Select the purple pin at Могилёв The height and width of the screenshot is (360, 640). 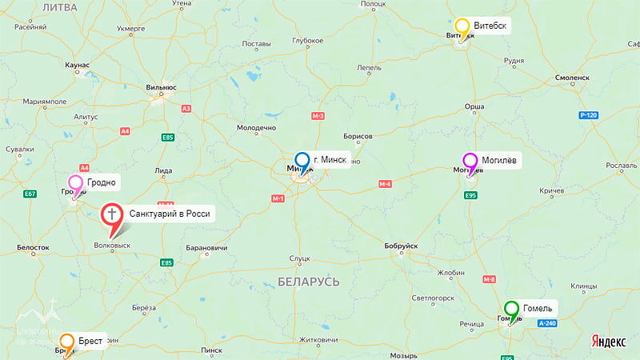(470, 162)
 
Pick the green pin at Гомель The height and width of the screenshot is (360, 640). (511, 310)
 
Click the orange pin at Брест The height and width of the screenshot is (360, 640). (67, 342)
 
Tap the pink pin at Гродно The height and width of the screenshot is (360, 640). (75, 185)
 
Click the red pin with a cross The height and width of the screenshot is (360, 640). (111, 216)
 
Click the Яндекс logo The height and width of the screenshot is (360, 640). (608, 341)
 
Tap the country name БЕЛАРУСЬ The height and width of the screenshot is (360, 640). (310, 282)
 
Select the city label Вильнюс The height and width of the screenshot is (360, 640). (162, 88)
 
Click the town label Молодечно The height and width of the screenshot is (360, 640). (257, 128)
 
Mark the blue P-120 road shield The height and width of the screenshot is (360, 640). (589, 115)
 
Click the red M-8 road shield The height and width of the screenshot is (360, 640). (490, 279)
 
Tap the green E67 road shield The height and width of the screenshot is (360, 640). (30, 194)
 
